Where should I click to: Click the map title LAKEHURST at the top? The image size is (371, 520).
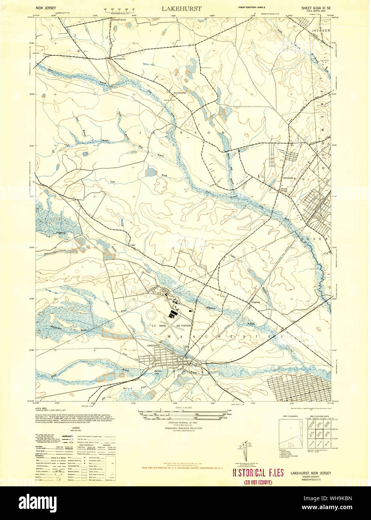tap(182, 8)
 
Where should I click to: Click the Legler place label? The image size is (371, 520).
tap(132, 245)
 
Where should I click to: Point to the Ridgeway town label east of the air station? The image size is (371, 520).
tap(256, 302)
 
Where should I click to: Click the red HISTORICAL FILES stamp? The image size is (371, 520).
tap(258, 472)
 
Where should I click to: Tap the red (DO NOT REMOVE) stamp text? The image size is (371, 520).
tap(258, 482)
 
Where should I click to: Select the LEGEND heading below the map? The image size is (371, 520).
tap(76, 428)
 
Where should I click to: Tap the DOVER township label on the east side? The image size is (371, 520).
tap(321, 239)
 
